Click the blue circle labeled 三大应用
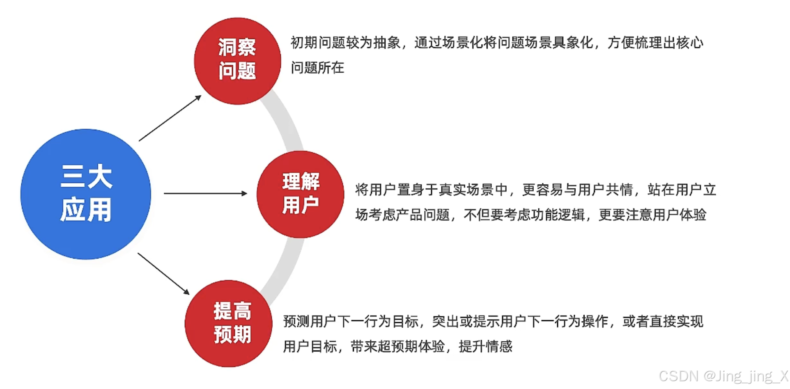coord(86,194)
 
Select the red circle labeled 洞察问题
coord(237,61)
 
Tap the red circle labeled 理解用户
coord(301,194)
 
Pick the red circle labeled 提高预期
coord(228,323)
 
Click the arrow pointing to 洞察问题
coord(170,118)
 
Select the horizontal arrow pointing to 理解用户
coord(205,193)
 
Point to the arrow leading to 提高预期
coord(163,273)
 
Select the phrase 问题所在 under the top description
coord(317,68)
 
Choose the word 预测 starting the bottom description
coord(296,321)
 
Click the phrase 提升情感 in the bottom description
coord(485,346)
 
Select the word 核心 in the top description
coord(690,43)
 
